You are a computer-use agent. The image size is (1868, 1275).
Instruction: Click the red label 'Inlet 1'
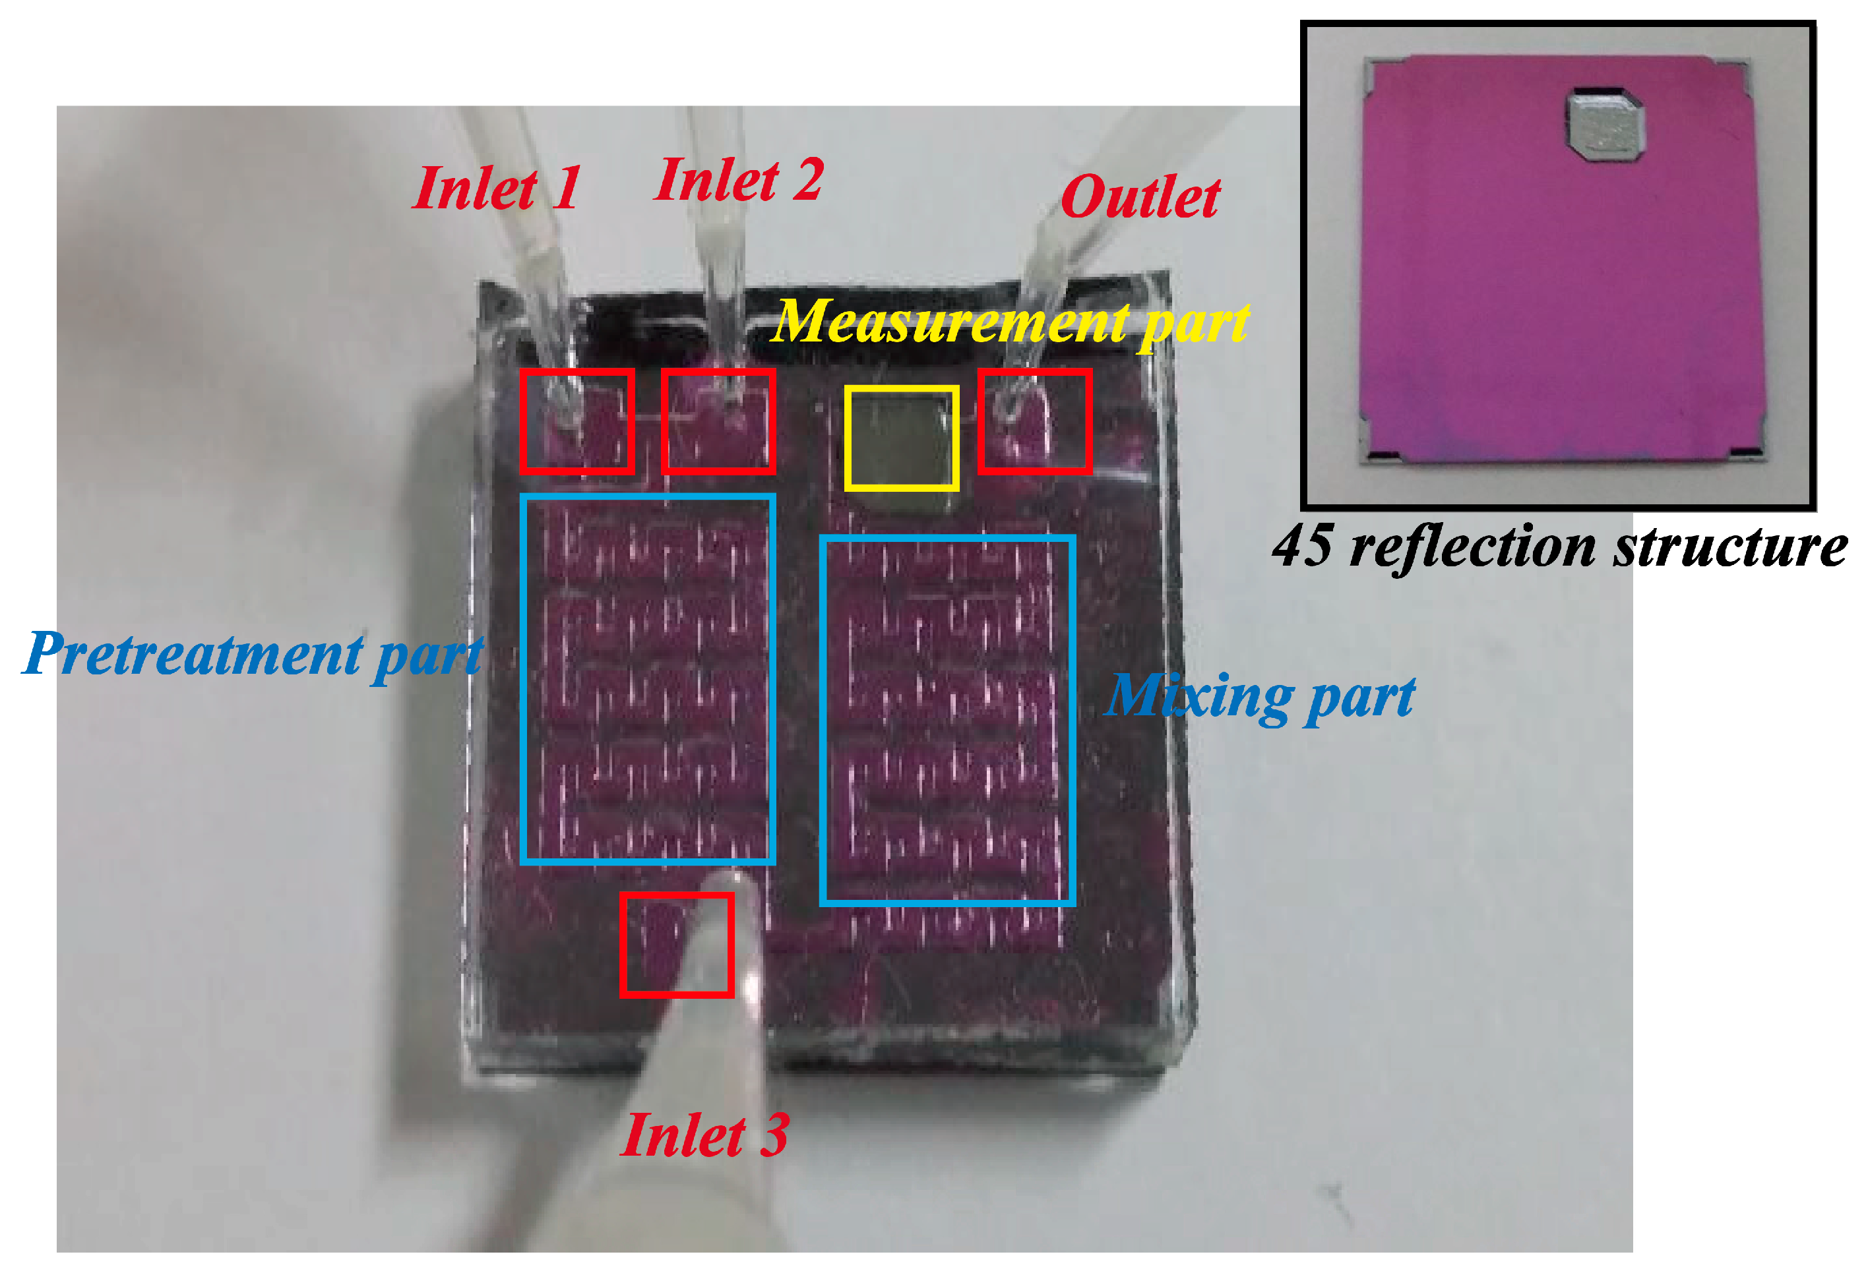[x=496, y=188]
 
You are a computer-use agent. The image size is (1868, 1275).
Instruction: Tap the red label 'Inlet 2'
[x=738, y=179]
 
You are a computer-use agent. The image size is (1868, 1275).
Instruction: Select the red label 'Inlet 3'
[x=703, y=1135]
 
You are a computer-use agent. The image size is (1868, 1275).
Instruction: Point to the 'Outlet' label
[x=1140, y=197]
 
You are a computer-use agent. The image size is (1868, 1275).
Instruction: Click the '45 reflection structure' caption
[x=1559, y=547]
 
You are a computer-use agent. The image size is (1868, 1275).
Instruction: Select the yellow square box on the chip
[x=901, y=438]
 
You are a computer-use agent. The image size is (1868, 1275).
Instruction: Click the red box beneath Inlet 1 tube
[x=576, y=421]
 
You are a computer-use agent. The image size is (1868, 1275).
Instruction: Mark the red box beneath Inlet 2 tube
[x=718, y=421]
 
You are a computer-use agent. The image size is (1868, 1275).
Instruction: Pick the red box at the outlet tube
[x=1034, y=421]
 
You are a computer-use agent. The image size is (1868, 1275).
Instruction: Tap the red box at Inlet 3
[x=676, y=945]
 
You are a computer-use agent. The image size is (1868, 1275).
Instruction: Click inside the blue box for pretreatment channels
[x=647, y=679]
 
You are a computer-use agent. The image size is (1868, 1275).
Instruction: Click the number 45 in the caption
[x=1301, y=547]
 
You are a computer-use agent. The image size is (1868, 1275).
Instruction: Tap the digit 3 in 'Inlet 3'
[x=774, y=1135]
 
